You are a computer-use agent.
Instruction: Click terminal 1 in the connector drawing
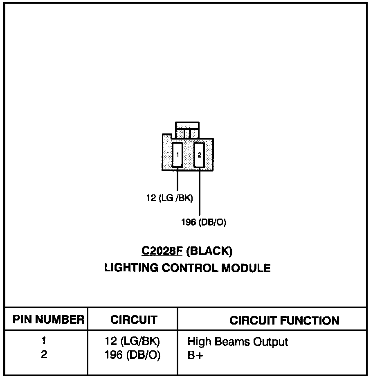[177, 155]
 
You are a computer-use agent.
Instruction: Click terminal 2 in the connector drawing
[199, 155]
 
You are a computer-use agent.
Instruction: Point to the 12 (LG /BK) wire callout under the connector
[169, 198]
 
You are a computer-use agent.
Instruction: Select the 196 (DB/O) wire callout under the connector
[203, 223]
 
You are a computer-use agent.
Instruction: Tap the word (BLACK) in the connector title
[209, 251]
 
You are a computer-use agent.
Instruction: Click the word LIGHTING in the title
[130, 268]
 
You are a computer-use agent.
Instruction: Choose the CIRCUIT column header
[133, 320]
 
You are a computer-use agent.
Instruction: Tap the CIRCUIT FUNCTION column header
[284, 320]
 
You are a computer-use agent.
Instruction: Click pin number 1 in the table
[44, 341]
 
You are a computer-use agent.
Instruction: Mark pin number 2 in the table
[44, 355]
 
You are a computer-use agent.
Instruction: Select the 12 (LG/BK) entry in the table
[132, 341]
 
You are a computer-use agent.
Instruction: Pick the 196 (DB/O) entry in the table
[133, 355]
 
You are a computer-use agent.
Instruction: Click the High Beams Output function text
[238, 342]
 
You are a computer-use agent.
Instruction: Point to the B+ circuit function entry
[195, 356]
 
